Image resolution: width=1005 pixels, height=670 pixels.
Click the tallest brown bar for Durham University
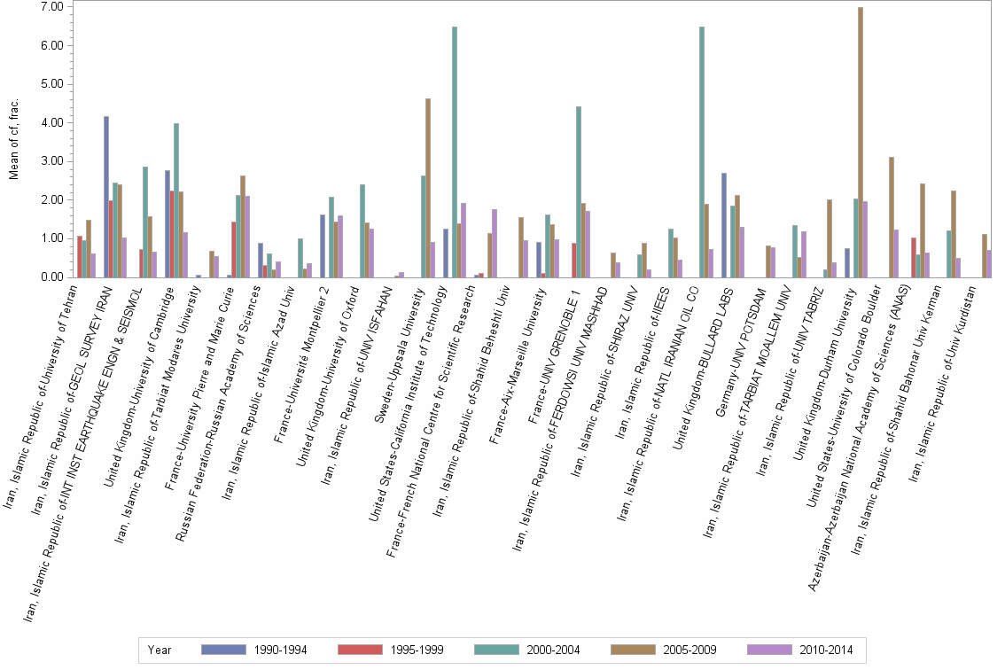pos(861,142)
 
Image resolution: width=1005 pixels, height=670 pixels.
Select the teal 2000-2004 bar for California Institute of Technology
pos(455,152)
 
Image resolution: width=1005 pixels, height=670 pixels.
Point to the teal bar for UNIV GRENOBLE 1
pos(578,191)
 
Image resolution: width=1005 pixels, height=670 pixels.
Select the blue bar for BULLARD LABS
pos(724,225)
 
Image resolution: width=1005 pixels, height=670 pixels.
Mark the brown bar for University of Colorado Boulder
pos(892,217)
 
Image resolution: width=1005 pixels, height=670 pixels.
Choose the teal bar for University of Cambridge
pos(176,200)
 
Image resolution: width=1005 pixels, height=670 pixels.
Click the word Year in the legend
pos(160,650)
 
